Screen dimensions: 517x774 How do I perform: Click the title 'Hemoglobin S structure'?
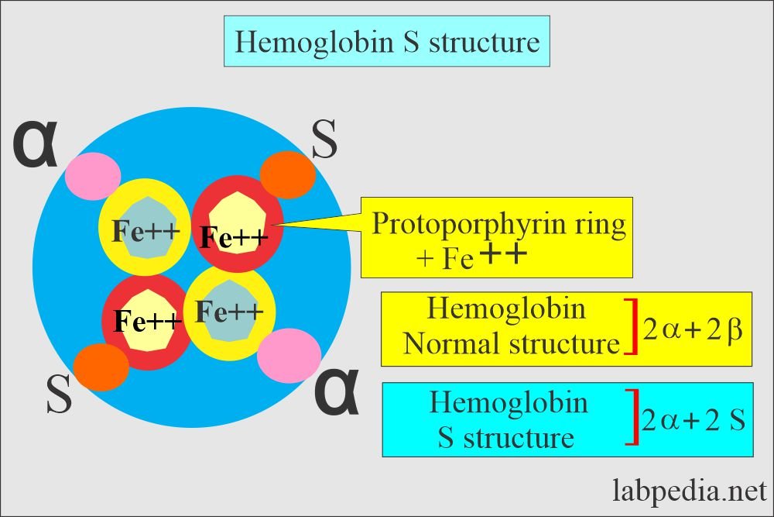(388, 42)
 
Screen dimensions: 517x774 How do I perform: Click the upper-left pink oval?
(89, 176)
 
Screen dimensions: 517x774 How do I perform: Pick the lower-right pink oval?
(289, 355)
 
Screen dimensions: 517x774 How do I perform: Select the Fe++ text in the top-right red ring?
(234, 236)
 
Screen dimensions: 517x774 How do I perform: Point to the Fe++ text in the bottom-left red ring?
(147, 319)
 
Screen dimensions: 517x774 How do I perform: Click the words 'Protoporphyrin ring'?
(498, 224)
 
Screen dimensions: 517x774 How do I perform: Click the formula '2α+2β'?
(693, 331)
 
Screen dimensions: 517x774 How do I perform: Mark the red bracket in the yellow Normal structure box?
(632, 329)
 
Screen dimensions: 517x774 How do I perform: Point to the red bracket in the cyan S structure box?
(633, 419)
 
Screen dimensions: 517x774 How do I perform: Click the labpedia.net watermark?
(690, 491)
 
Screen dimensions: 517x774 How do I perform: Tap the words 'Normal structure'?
(512, 343)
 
